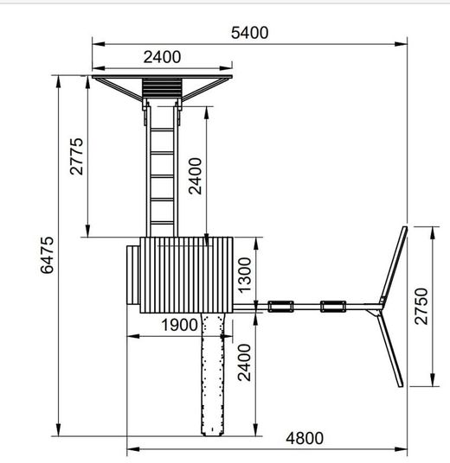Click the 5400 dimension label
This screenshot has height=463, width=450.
[250, 33]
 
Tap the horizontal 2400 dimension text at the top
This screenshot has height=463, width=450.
[162, 57]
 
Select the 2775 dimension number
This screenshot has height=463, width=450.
[77, 156]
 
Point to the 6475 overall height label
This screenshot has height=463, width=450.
[48, 255]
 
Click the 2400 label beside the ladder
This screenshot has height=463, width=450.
[196, 176]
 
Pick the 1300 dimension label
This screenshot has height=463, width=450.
[245, 276]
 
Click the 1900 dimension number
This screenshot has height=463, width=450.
[180, 325]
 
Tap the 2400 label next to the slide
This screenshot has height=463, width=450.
[245, 362]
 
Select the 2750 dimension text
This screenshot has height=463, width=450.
[421, 307]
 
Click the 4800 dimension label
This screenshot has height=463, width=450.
[305, 439]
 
